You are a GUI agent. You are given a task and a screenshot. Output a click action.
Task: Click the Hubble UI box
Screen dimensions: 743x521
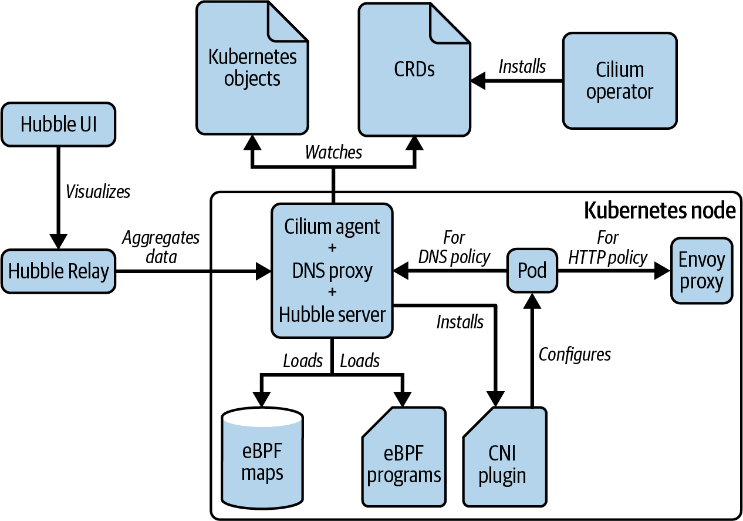tap(58, 125)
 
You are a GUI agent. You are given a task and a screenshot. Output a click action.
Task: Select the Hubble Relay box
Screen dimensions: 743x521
tap(58, 271)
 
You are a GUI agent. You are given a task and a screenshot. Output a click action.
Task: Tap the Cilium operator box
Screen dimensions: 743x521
tap(620, 80)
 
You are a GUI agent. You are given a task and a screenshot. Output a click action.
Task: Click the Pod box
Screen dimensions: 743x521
tap(532, 271)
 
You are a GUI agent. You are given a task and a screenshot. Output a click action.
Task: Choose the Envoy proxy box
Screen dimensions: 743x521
tap(701, 271)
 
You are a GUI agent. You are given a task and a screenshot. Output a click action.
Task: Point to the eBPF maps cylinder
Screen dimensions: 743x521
tap(262, 458)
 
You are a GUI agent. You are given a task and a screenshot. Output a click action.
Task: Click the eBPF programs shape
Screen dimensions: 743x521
tap(404, 457)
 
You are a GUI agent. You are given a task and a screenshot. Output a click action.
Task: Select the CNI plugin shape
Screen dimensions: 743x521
tap(505, 457)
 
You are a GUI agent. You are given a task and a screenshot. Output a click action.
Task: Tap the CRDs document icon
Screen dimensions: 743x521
tap(414, 70)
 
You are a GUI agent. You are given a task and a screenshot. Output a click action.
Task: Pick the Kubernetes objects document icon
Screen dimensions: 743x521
tap(252, 68)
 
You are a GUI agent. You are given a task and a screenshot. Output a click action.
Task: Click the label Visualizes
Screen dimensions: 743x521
tap(98, 191)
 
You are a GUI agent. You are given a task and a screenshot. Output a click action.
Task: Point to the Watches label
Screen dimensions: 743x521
tap(333, 152)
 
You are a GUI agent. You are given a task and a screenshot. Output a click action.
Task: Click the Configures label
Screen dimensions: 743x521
tap(575, 355)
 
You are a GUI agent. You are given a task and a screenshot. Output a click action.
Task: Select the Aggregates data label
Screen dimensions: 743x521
tap(161, 247)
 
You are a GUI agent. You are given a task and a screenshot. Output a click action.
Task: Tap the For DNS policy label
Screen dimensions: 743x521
tap(454, 247)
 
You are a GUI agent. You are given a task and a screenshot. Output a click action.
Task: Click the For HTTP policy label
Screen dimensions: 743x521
tap(607, 247)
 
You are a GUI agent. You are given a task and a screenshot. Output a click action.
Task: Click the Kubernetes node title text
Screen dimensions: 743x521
tap(660, 210)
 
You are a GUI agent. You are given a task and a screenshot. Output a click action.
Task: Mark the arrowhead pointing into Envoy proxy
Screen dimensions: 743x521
tap(663, 271)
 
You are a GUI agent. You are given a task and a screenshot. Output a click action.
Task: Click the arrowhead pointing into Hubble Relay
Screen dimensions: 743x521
tap(58, 241)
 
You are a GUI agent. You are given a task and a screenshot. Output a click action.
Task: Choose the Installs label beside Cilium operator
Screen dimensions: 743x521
tap(522, 66)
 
